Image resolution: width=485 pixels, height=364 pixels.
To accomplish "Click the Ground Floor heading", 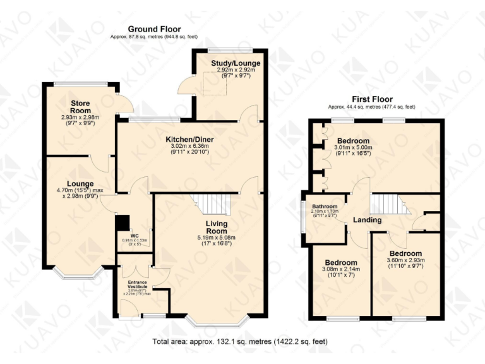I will click(154, 29).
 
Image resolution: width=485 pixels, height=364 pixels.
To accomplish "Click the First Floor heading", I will click(372, 99).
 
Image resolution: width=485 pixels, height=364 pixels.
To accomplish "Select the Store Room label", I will click(80, 107).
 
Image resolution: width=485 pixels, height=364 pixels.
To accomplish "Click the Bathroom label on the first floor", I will click(323, 207).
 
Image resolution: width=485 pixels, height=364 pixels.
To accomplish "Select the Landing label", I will click(367, 221).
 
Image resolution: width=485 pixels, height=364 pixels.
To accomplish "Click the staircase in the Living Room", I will click(212, 204).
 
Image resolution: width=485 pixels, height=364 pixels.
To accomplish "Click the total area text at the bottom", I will click(240, 342).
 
